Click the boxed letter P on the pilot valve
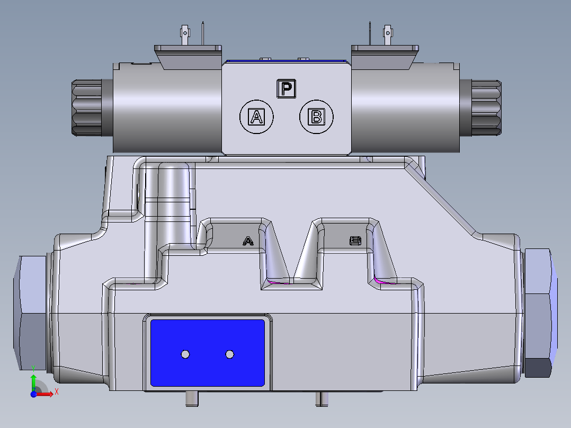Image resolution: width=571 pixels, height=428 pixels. tap(286, 88)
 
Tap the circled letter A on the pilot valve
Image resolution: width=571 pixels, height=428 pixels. tap(256, 117)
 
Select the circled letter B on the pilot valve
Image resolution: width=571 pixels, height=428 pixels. tap(316, 117)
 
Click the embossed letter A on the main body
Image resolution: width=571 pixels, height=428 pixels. tap(247, 242)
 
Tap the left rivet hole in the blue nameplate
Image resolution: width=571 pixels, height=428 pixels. tap(185, 354)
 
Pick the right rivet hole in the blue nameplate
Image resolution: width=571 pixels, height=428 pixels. tap(229, 354)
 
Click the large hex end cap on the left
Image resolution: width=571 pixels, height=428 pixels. tap(30, 313)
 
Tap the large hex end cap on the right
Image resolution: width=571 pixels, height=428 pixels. tap(540, 313)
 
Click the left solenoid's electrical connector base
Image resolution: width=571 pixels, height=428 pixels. tap(188, 55)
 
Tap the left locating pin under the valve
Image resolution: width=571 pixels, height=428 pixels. tap(192, 398)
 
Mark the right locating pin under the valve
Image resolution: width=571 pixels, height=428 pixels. tap(322, 398)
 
